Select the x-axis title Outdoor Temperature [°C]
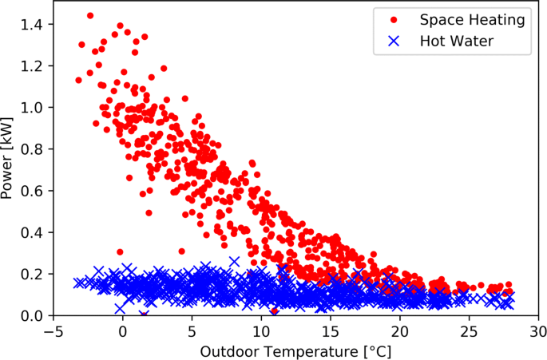pos(295,350)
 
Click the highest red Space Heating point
pos(90,15)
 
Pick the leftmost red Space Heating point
pos(78,80)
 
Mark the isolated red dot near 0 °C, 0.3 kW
pos(120,252)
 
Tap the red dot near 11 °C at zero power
pos(274,311)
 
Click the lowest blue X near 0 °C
pos(120,308)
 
